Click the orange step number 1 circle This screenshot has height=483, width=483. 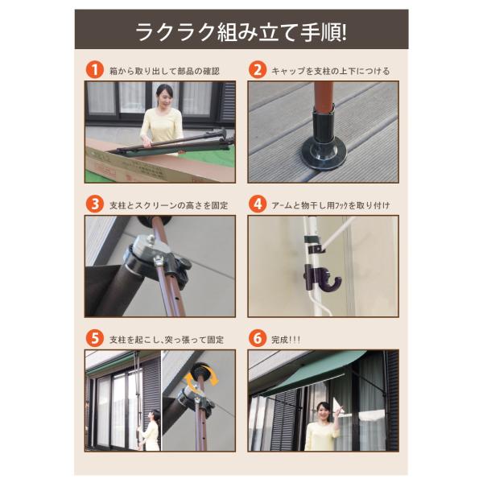pos(95,70)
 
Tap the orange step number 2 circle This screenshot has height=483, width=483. pos(258,70)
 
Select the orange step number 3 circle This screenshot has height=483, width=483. pos(95,204)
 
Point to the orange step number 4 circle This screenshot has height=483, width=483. pos(258,204)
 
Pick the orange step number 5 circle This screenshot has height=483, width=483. pos(95,339)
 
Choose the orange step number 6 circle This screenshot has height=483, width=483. pos(258,339)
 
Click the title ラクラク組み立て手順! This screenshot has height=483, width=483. pos(242,31)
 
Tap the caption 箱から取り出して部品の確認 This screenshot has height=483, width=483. pos(164,71)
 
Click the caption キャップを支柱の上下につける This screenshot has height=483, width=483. pos(330,71)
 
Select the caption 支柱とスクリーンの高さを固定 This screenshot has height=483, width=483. pos(169,205)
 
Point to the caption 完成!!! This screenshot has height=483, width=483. pos(286,340)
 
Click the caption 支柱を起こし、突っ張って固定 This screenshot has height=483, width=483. pos(167,340)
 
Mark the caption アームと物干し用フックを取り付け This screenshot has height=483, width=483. pos(331,205)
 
